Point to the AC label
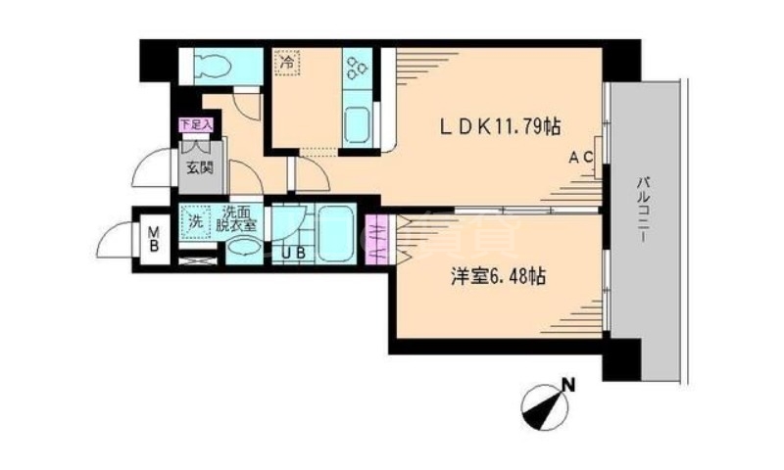(579, 157)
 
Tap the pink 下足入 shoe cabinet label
(195, 124)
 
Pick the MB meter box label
(153, 240)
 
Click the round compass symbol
(544, 405)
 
